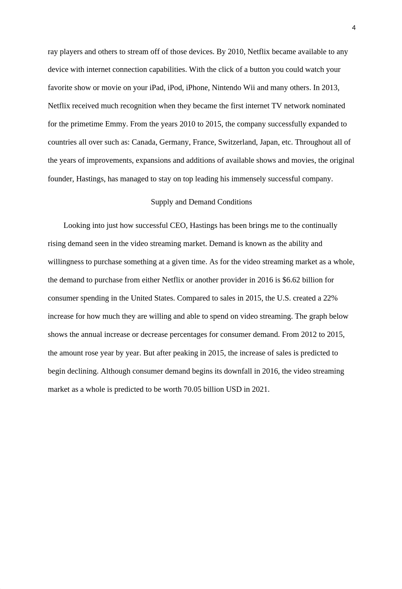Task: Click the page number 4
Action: [x=354, y=28]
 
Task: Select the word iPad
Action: [x=157, y=88]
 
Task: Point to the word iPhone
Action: [x=197, y=88]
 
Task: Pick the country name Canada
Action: [x=143, y=142]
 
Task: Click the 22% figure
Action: [x=330, y=298]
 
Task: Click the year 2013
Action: [x=330, y=88]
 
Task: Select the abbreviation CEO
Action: [x=178, y=226]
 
